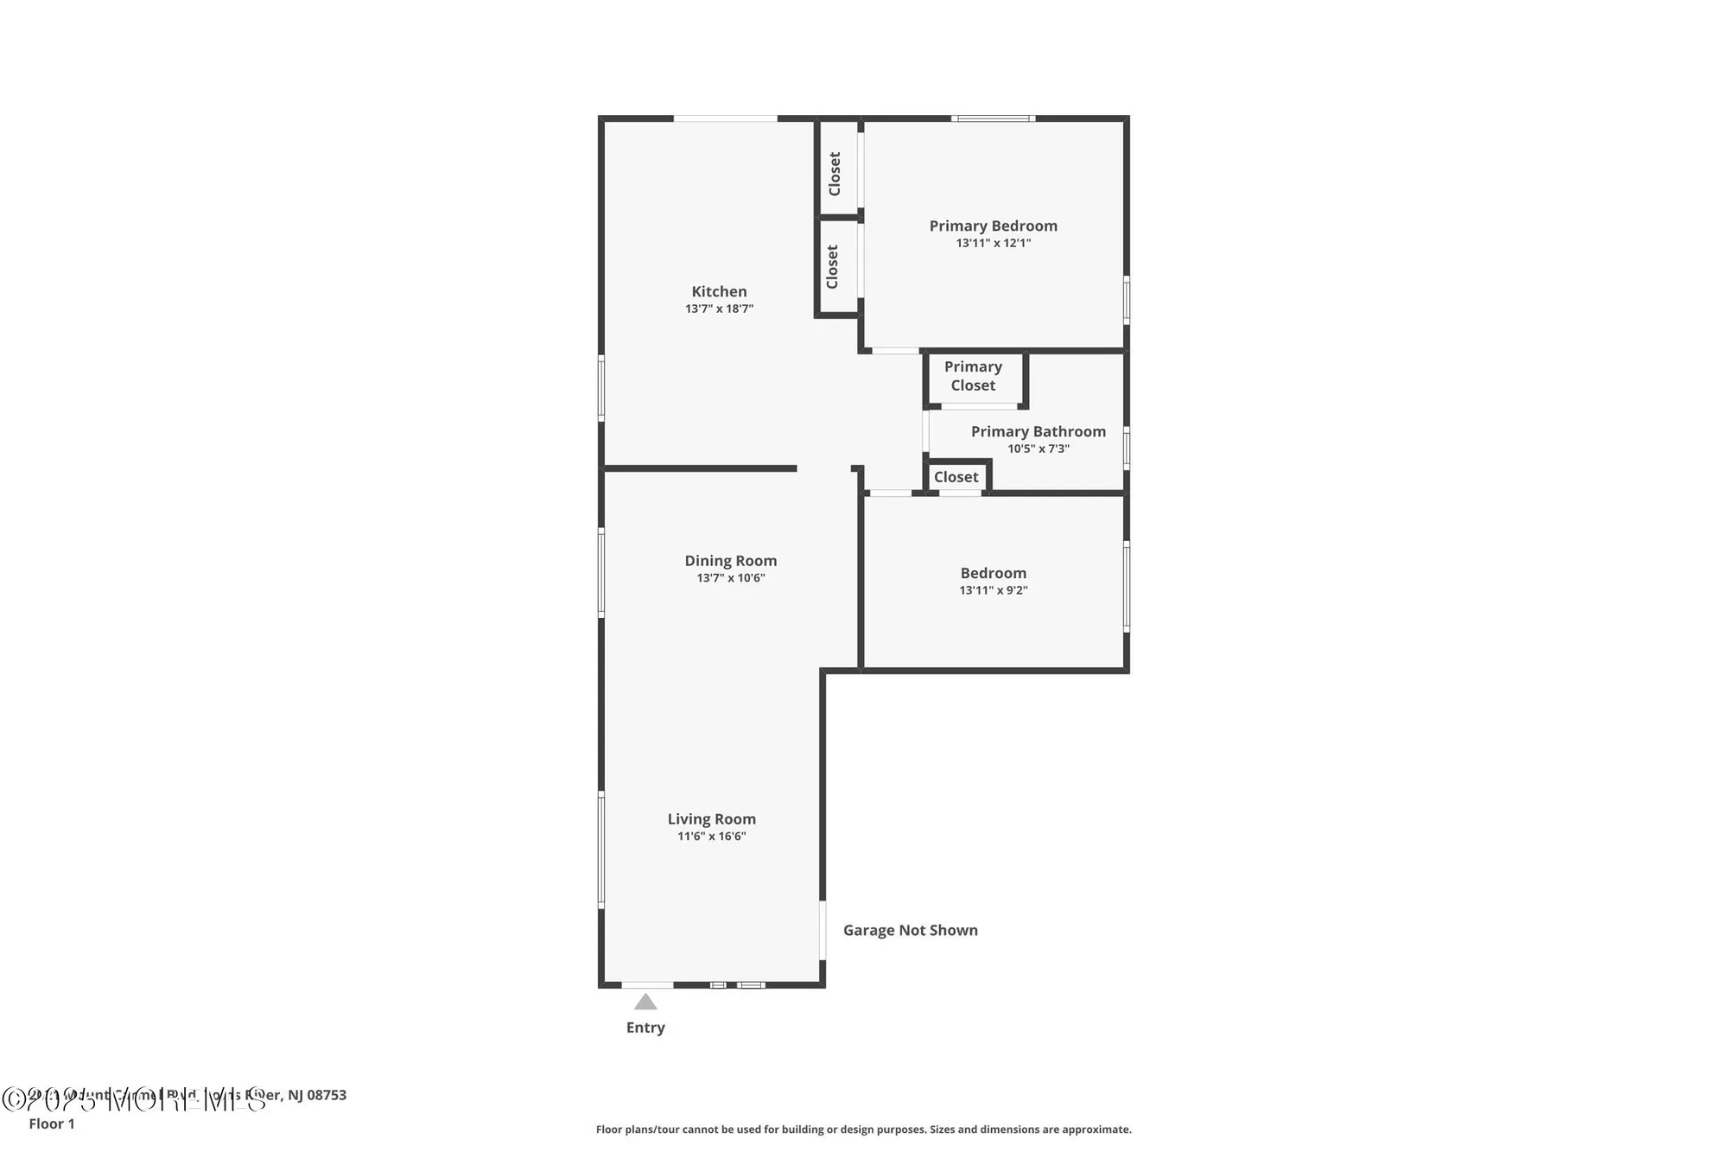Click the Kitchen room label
[719, 291]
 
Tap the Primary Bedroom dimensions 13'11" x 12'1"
[993, 243]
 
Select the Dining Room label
[730, 560]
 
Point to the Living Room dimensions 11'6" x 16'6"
[711, 836]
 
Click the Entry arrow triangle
[645, 1002]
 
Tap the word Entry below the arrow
[645, 1027]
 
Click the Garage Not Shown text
[910, 930]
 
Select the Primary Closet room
[973, 376]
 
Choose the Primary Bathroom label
[1038, 431]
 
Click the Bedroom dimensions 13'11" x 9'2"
[993, 590]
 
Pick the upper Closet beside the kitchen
[835, 173]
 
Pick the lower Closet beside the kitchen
[833, 266]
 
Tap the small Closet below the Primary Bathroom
[956, 477]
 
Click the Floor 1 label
[52, 1123]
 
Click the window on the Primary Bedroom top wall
[993, 118]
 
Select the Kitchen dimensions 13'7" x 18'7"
[719, 309]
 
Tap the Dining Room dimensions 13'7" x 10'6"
[730, 577]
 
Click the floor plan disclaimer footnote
[863, 1129]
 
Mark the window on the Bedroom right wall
[1127, 586]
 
